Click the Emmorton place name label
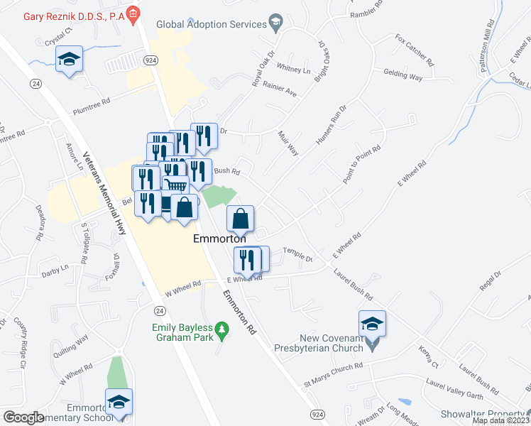220,240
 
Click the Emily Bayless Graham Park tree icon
222,329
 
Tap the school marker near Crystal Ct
69,59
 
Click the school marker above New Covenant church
372,324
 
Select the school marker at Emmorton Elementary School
119,403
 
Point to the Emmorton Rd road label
239,312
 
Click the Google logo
23,417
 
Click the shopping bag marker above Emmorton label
240,219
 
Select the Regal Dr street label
490,279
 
